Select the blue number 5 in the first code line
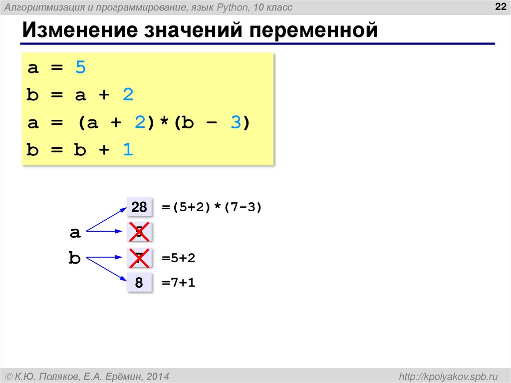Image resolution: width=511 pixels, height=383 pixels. (x=80, y=67)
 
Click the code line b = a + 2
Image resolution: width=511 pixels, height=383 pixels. (x=80, y=95)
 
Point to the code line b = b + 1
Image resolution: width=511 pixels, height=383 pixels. (x=80, y=150)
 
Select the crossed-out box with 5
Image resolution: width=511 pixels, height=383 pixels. (x=139, y=232)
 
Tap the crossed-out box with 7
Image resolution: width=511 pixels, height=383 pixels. (x=139, y=258)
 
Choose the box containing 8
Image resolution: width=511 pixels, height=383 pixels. (x=139, y=283)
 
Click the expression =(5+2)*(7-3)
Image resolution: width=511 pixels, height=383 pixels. (x=212, y=207)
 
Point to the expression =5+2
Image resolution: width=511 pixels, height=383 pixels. (x=178, y=258)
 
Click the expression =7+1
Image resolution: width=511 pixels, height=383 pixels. (x=178, y=283)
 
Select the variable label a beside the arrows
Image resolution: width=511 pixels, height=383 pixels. (x=75, y=232)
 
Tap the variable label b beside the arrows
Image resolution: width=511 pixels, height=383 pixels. (x=74, y=258)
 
